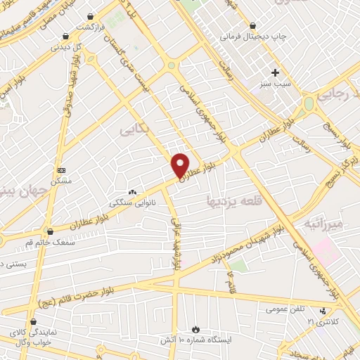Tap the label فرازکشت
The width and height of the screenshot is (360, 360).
(90, 26)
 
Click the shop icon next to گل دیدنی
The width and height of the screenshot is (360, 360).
(65, 37)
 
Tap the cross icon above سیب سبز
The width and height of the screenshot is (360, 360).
(275, 72)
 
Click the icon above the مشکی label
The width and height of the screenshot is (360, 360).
(61, 171)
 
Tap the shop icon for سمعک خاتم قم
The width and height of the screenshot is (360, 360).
(49, 231)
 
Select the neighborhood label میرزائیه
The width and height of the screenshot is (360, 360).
(323, 224)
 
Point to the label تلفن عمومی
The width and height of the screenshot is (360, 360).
(285, 309)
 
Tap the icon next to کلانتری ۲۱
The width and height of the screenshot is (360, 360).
(323, 311)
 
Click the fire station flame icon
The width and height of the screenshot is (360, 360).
(195, 329)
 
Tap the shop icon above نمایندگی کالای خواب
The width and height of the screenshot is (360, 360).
(34, 322)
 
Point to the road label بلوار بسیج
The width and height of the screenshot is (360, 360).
(338, 138)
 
